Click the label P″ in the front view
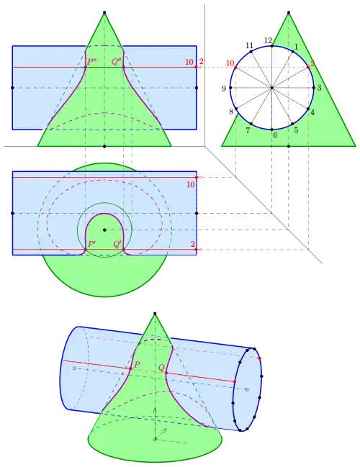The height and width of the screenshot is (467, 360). tap(91, 62)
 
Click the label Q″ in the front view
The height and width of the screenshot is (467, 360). tap(116, 62)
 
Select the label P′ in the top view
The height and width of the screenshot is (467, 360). tap(91, 244)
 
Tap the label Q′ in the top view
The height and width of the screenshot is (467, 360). tap(117, 244)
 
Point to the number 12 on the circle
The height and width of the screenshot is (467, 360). tap(268, 40)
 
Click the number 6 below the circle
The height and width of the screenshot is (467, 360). tap(275, 135)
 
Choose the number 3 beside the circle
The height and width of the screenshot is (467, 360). tap(319, 88)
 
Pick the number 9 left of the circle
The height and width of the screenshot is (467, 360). tap(224, 89)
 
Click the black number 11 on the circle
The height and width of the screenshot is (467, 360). tap(249, 45)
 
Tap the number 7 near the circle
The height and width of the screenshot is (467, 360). tap(248, 130)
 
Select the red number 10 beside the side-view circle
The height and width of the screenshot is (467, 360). tap(230, 63)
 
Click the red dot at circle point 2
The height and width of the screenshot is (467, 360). tap(308, 68)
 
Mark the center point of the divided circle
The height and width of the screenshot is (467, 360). tap(271, 88)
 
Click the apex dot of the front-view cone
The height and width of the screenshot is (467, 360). tap(104, 12)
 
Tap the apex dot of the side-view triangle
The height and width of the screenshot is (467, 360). tap(289, 12)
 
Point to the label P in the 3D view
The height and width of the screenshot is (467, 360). tap(137, 364)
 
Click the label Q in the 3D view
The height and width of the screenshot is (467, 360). tap(161, 368)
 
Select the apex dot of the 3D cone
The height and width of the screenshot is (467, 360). tap(155, 313)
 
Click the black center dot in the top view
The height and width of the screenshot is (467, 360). tap(104, 230)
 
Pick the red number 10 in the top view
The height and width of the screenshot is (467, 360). tap(190, 185)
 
